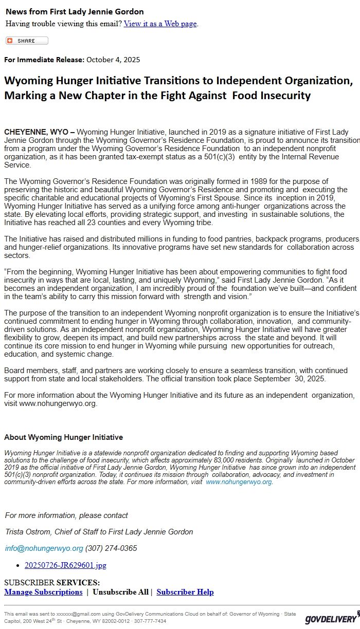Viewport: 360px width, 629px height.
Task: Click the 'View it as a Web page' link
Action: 160,24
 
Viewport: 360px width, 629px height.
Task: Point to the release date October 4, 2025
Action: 113,60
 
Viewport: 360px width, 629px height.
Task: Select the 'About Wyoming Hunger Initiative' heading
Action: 63,437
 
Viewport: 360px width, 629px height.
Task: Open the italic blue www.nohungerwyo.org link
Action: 239,482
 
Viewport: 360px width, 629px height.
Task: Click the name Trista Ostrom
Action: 30,532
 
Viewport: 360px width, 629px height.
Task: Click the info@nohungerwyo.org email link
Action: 44,548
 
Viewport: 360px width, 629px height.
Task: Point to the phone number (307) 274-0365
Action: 111,548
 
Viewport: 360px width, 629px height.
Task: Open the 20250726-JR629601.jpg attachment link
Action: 65,565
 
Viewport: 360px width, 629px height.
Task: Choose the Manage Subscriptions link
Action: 43,592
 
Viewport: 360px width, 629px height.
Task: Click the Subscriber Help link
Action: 185,592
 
